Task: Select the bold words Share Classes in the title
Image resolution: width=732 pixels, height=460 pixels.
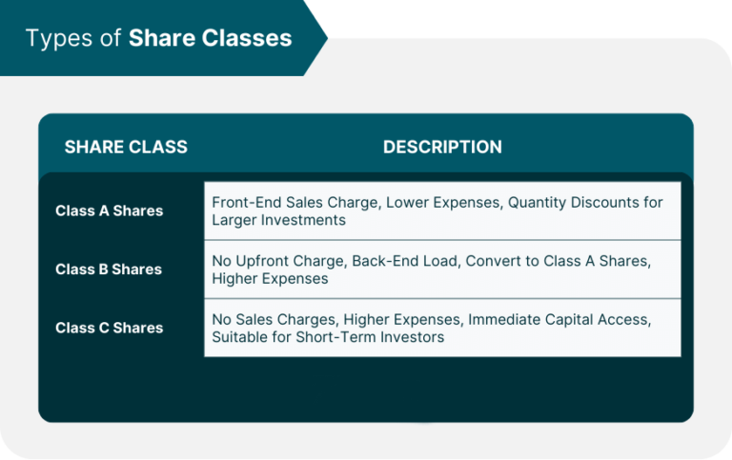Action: (x=210, y=37)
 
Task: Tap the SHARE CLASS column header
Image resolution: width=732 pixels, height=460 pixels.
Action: (x=126, y=147)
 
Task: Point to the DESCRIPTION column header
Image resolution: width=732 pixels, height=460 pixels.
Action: (x=442, y=147)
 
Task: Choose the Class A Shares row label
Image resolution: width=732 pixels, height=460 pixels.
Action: (x=109, y=210)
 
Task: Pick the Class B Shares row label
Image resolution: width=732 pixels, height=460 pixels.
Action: (x=109, y=270)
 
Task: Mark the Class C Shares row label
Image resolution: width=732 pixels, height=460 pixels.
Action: (x=109, y=328)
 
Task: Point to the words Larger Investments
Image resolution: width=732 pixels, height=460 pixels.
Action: (x=278, y=220)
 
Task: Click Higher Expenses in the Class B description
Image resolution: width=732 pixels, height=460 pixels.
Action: (x=270, y=279)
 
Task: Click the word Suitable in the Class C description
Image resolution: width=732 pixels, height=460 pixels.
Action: (x=239, y=337)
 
